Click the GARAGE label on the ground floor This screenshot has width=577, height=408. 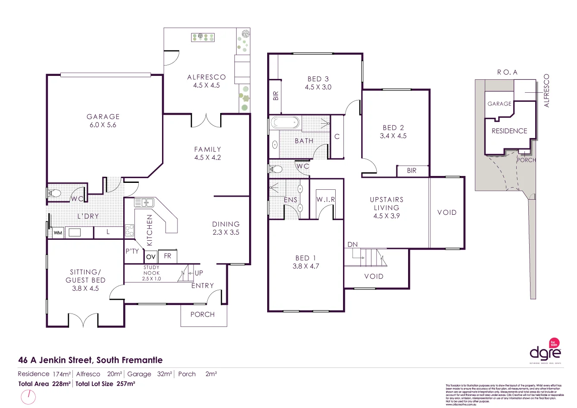click(103, 116)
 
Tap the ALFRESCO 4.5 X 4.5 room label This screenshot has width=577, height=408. click(206, 81)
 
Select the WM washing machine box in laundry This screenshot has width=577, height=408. click(58, 233)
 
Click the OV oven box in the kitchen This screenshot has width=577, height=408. click(150, 257)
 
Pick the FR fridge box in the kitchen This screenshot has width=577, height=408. click(168, 256)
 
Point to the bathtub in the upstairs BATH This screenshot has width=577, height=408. click(285, 123)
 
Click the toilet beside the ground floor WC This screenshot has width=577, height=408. click(54, 193)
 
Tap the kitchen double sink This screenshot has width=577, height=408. click(144, 202)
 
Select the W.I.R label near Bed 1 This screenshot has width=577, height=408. click(326, 200)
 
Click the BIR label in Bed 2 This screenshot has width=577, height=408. click(412, 171)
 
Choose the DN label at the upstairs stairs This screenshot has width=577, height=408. click(352, 245)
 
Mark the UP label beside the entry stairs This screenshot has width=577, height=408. click(199, 273)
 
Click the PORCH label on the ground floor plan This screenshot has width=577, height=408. click(203, 314)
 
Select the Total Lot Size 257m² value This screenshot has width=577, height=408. click(106, 383)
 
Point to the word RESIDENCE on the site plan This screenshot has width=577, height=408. click(509, 131)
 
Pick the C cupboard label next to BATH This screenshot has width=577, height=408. click(337, 136)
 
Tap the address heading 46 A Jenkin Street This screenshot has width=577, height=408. click(90, 360)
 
